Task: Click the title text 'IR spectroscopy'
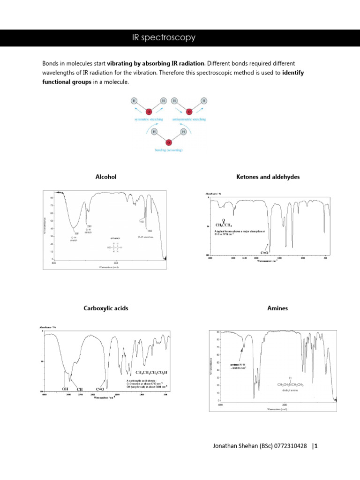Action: pos(164,37)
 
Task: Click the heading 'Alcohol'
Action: pos(105,177)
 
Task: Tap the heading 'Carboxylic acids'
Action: pos(106,308)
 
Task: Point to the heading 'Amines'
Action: pos(278,308)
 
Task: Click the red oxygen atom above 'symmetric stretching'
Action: pos(148,112)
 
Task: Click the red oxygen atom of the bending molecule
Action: pos(169,142)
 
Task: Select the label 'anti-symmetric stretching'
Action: pos(189,120)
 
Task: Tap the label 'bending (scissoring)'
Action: pos(169,150)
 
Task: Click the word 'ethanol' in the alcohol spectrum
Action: pos(115,239)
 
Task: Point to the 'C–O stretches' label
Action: pos(146,237)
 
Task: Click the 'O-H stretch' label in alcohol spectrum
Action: pos(74,239)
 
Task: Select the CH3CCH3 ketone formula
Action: pos(224,225)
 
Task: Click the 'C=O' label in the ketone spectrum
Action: pos(265,253)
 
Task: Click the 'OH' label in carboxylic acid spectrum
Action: pos(66,389)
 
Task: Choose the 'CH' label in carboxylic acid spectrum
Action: pos(80,389)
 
